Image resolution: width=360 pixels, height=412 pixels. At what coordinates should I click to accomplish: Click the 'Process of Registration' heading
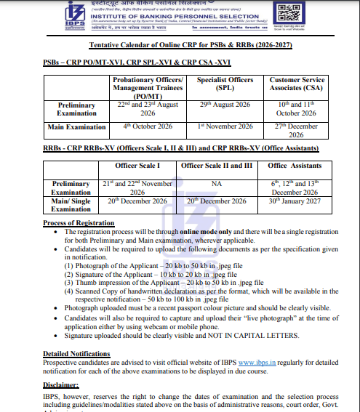pyautogui.click(x=78, y=222)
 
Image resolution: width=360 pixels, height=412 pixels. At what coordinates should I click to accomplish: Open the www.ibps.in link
pyautogui.click(x=255, y=362)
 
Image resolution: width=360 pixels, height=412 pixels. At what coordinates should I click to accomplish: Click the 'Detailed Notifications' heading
pyautogui.click(x=76, y=353)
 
